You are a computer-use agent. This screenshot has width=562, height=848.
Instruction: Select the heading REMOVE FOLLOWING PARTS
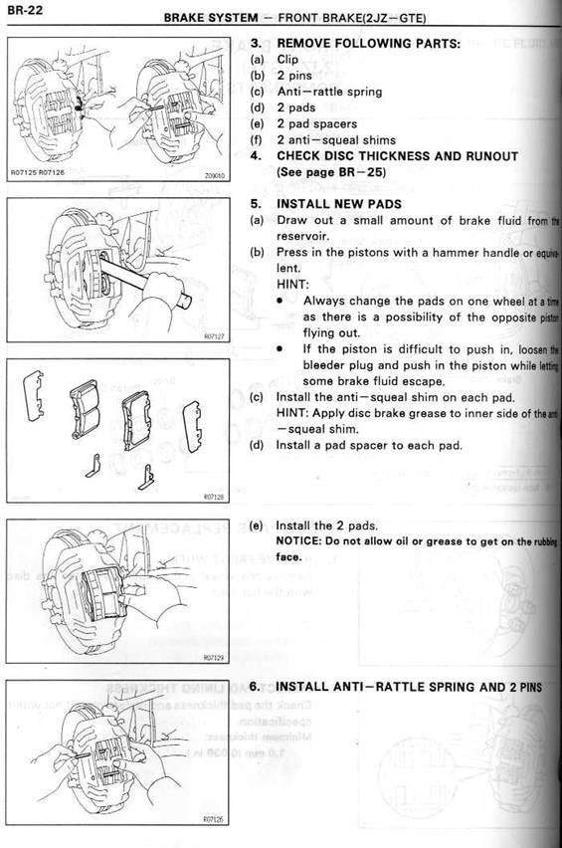(368, 44)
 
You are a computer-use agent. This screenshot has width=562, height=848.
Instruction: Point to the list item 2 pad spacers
(318, 124)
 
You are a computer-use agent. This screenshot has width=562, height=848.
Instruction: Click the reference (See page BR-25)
(330, 172)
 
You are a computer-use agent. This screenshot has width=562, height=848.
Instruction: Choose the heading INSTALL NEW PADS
(338, 203)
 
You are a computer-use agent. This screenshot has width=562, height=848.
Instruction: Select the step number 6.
(255, 687)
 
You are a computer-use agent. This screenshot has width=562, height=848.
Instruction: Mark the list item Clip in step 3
(288, 59)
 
